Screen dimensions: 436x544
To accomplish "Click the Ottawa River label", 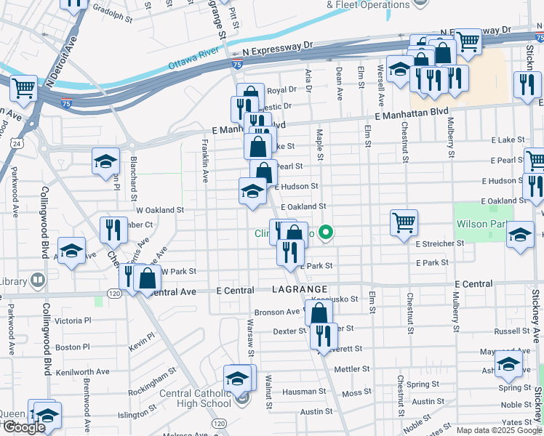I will (x=194, y=57).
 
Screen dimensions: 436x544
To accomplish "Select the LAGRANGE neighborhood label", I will (x=296, y=289).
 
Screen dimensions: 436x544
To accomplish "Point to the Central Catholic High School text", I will (x=196, y=399).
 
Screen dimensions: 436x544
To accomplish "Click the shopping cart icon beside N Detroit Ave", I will (x=23, y=89).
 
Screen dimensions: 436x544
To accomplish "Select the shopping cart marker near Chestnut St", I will (x=404, y=222).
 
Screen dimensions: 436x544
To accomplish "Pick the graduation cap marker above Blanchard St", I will (x=105, y=161).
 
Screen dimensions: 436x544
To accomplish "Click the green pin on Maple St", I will (x=327, y=233).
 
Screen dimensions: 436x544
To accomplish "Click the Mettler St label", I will (x=352, y=369).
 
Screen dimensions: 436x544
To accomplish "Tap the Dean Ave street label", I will (x=339, y=83).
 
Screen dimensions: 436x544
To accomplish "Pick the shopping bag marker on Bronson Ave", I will (x=319, y=313).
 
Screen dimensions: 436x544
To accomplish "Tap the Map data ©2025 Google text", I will (x=498, y=430).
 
